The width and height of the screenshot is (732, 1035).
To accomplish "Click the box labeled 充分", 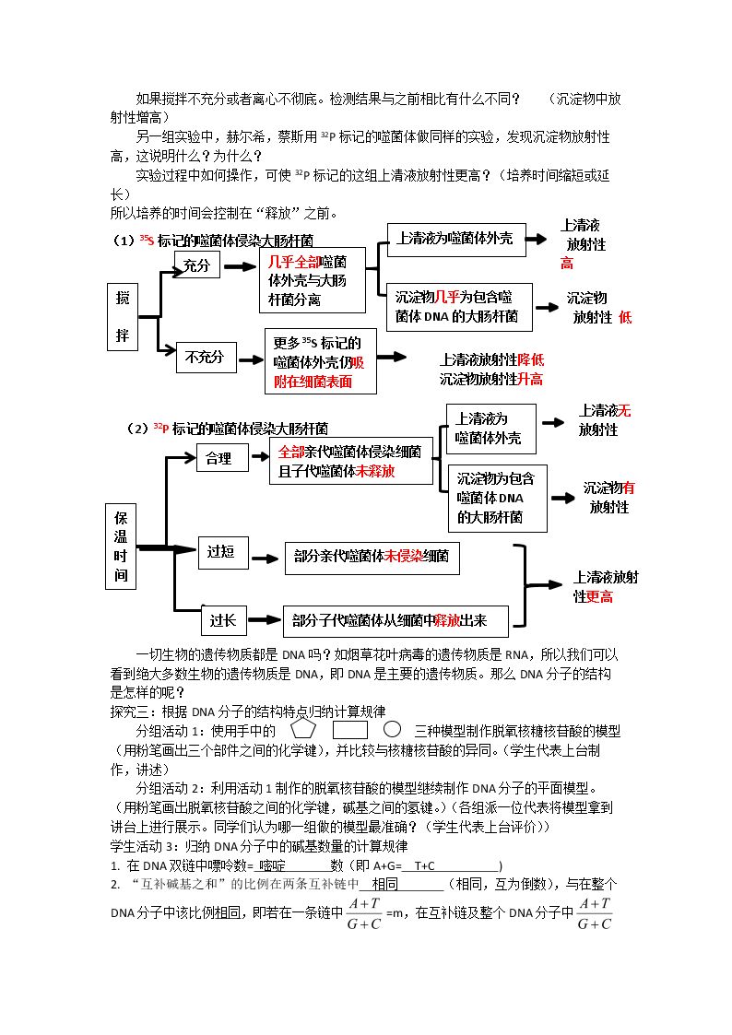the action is pyautogui.click(x=196, y=265).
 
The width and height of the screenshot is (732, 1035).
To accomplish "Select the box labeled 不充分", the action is pyautogui.click(x=206, y=358).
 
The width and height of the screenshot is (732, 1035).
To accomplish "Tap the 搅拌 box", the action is pyautogui.click(x=122, y=317).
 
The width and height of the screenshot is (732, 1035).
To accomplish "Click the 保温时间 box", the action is pyautogui.click(x=121, y=546).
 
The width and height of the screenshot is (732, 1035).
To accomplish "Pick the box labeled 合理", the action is pyautogui.click(x=222, y=458).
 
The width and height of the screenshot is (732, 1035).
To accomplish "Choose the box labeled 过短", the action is pyautogui.click(x=223, y=552).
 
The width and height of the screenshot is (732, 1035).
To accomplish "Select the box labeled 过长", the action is pyautogui.click(x=223, y=620).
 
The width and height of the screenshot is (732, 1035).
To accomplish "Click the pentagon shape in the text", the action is pyautogui.click(x=303, y=730).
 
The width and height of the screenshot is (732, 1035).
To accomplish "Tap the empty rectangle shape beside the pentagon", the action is pyautogui.click(x=349, y=731).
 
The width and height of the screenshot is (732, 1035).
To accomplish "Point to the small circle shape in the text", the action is pyautogui.click(x=392, y=729).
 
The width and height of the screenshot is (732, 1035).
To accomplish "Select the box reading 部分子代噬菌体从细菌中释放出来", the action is pyautogui.click(x=396, y=621).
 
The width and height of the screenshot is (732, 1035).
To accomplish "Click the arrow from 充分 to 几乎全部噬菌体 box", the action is pyautogui.click(x=241, y=266).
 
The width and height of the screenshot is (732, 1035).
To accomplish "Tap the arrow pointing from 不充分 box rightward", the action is pyautogui.click(x=252, y=360).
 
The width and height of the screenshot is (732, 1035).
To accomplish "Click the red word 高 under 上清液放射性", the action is pyautogui.click(x=567, y=264).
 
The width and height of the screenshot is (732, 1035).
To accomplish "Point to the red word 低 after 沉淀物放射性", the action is pyautogui.click(x=624, y=317).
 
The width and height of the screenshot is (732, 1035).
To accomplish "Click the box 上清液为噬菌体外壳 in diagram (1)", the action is pyautogui.click(x=456, y=240).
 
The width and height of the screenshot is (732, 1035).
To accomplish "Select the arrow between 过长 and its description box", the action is pyautogui.click(x=265, y=620).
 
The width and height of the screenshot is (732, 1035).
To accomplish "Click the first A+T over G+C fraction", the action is pyautogui.click(x=364, y=913).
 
